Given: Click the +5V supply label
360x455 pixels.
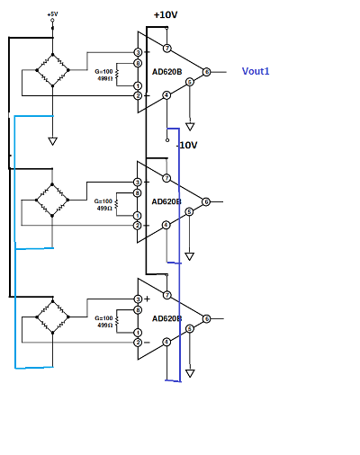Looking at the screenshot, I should point(52,14).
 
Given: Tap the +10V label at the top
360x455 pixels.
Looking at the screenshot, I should point(166,15).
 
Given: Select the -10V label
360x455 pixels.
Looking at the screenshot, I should point(186,145).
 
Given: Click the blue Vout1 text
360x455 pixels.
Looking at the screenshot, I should point(256,71).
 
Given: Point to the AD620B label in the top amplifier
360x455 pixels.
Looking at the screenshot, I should point(166,71).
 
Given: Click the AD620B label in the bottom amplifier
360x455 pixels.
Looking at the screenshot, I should point(166,318).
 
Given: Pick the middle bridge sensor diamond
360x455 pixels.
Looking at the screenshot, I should point(53,195).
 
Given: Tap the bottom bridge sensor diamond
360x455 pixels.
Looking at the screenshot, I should point(53,316).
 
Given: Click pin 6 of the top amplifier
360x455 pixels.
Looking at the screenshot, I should point(206,72).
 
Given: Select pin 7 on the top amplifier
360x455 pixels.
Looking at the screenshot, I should point(166,48).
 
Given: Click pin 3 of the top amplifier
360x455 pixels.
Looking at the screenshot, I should point(138,52).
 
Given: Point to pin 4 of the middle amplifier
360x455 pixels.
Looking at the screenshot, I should point(166,225).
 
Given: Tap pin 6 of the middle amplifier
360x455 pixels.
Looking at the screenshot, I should point(206,202).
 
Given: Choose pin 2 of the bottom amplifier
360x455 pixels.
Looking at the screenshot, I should point(138,342).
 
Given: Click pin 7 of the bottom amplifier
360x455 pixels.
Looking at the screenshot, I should point(166,295).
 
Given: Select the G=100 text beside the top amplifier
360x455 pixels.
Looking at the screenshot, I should point(104,70).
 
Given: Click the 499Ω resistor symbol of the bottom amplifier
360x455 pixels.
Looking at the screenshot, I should point(117,322).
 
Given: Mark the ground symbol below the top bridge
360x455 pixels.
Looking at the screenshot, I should point(53,141).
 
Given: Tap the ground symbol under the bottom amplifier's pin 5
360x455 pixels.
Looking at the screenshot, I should point(189,373).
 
